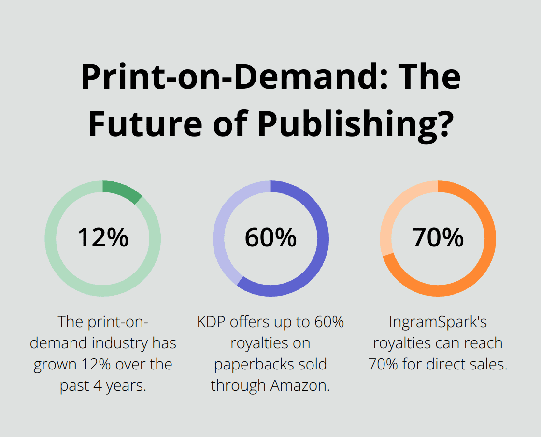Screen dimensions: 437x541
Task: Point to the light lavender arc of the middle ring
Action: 223,227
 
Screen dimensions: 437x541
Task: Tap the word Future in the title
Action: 145,123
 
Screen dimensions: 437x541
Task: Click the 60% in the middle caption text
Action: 328,322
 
